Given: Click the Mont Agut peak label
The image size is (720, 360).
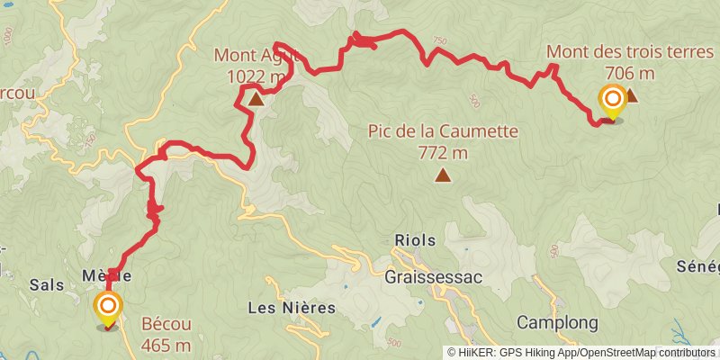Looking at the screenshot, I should (x=250, y=66).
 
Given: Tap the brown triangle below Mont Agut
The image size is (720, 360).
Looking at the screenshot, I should (x=256, y=99).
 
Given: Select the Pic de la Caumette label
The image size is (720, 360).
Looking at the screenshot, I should (x=443, y=131).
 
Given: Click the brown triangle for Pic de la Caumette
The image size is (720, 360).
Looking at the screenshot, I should (x=442, y=175).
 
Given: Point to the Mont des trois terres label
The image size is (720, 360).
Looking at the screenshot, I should (x=629, y=52).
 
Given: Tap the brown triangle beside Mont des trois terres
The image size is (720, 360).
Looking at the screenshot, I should (x=631, y=95).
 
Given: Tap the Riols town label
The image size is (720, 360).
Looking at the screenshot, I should (x=415, y=240).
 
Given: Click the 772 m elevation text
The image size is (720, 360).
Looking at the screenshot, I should (x=443, y=153).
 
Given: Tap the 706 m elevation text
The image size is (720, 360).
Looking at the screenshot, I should (x=629, y=74).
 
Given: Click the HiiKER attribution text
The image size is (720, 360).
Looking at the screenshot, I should (x=581, y=352).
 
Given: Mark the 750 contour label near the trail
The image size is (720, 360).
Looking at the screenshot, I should (x=439, y=40).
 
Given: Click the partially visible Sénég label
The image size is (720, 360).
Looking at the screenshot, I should (x=698, y=266).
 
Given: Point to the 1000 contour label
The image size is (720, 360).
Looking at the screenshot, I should (x=9, y=37).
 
